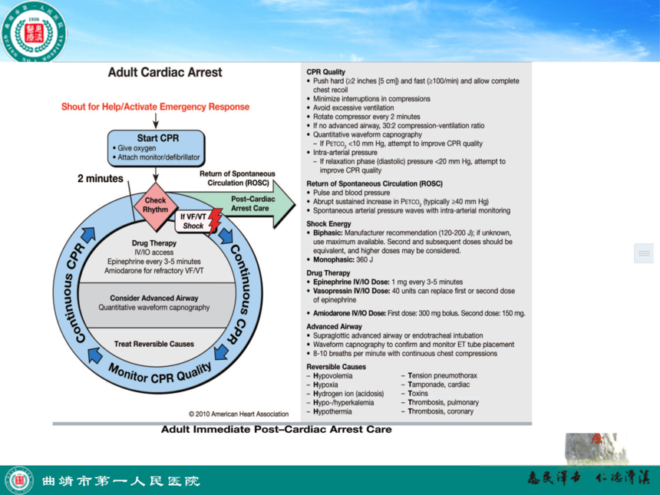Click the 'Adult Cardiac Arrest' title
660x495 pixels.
click(x=165, y=73)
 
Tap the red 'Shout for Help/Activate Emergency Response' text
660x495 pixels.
click(x=156, y=107)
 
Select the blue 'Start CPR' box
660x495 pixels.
click(x=157, y=148)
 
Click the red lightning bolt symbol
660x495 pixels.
click(x=214, y=221)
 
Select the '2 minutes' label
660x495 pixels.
click(x=100, y=179)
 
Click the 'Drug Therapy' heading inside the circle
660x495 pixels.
click(x=154, y=243)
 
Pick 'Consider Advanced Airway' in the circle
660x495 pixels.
click(x=154, y=298)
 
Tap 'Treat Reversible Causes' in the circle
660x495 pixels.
click(x=154, y=344)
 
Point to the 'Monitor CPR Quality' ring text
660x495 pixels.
click(x=159, y=375)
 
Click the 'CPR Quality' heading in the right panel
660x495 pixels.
click(x=326, y=72)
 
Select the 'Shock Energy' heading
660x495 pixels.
click(x=328, y=224)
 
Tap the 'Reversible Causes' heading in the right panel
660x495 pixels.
click(x=336, y=367)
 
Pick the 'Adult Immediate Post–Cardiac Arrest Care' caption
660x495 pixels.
click(x=276, y=430)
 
